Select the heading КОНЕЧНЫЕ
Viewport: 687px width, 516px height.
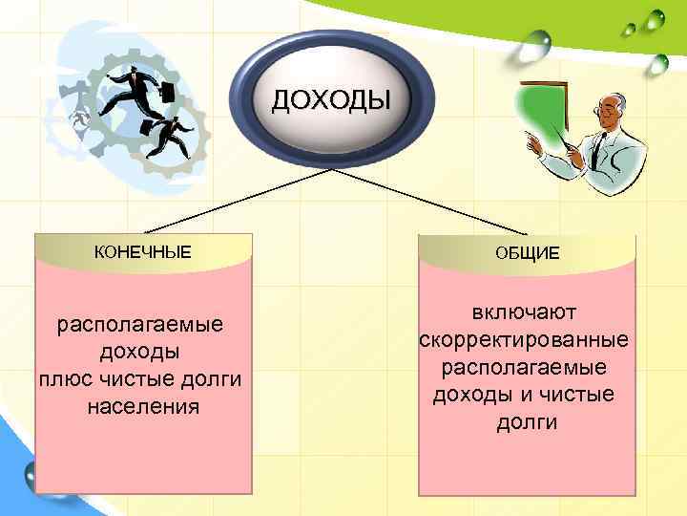[x=142, y=252]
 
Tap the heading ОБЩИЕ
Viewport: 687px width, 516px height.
[x=528, y=252]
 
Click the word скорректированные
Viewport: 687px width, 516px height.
[x=524, y=340]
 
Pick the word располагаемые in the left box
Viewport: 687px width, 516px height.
[x=141, y=325]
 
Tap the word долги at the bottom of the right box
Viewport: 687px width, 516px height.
[x=527, y=422]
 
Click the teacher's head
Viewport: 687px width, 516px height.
[x=611, y=112]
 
